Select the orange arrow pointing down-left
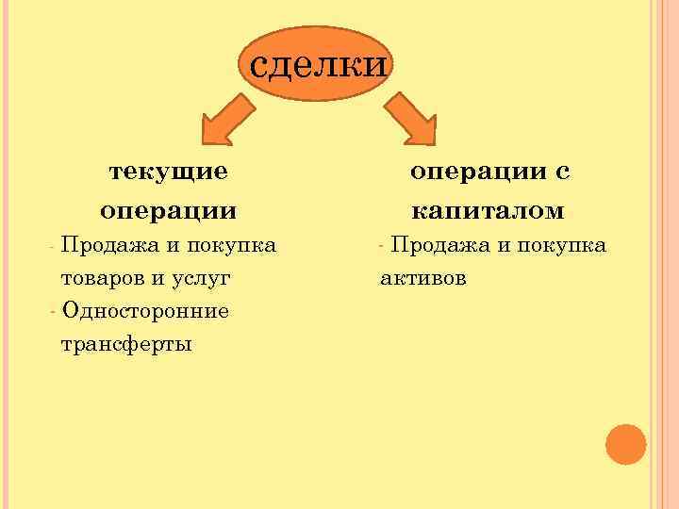coord(227,120)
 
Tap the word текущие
coord(169,172)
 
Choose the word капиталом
coord(488,209)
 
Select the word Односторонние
coord(144,311)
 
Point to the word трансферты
coord(126,344)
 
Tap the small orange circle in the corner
coord(625,445)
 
